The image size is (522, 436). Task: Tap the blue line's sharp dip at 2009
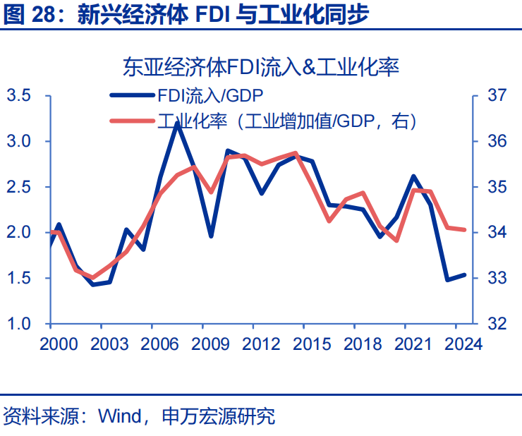[210, 236]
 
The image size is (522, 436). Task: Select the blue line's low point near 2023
[447, 279]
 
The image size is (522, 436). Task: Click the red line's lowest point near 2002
[93, 278]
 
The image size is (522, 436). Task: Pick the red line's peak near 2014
[295, 152]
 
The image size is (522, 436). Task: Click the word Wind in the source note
[121, 416]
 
